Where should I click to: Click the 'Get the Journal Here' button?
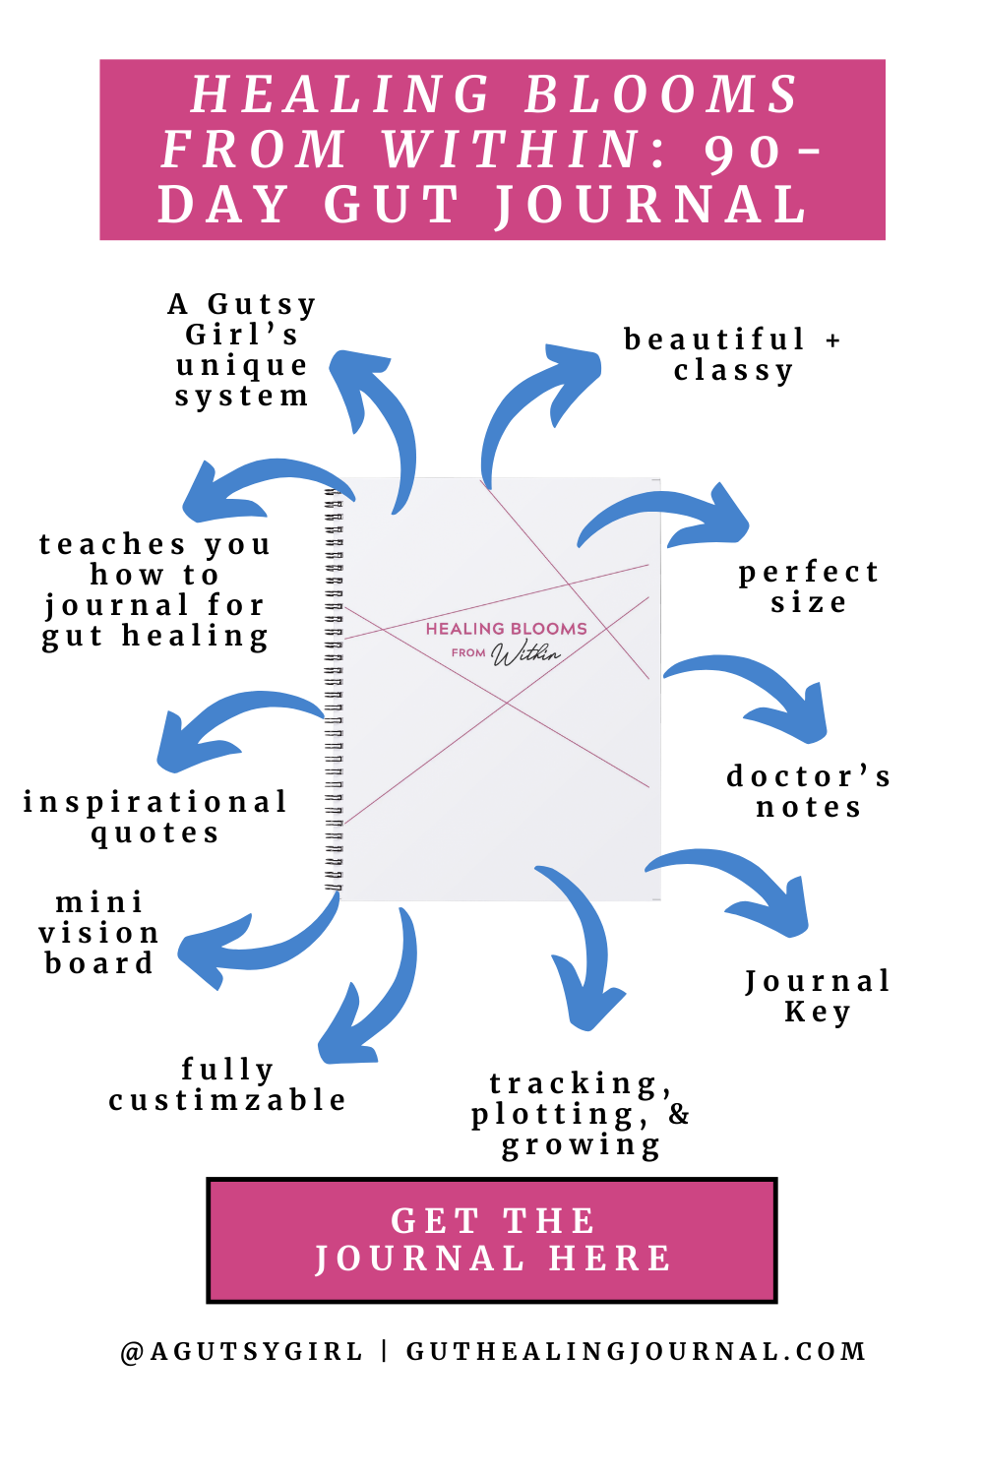[x=492, y=1240]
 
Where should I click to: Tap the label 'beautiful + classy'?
[x=733, y=355]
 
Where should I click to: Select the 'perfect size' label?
[x=809, y=587]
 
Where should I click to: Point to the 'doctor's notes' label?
[x=809, y=792]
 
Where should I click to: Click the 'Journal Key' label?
[x=818, y=996]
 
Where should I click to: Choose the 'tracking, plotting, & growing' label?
[x=581, y=1115]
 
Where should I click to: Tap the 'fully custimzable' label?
[x=227, y=1084]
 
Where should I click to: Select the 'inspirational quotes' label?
[x=155, y=818]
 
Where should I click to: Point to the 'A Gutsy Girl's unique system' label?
[x=242, y=350]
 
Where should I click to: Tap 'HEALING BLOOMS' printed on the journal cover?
[x=506, y=629]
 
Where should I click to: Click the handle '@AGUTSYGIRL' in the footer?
[x=242, y=1352]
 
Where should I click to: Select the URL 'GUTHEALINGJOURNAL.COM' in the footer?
[x=637, y=1352]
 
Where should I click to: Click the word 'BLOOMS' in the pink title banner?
[x=661, y=94]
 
